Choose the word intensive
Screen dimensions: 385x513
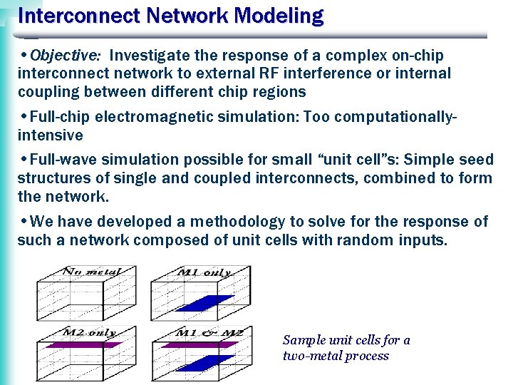click(50, 135)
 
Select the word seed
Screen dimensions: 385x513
click(477, 160)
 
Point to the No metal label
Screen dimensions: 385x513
click(91, 272)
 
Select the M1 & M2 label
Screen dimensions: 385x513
click(209, 333)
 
